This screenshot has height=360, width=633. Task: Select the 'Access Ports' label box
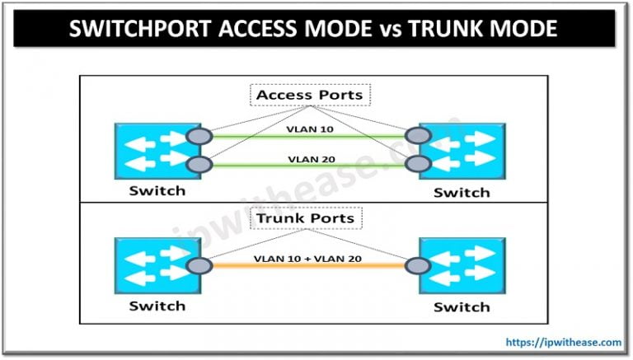pos(309,95)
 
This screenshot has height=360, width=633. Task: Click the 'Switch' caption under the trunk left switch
pos(156,306)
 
